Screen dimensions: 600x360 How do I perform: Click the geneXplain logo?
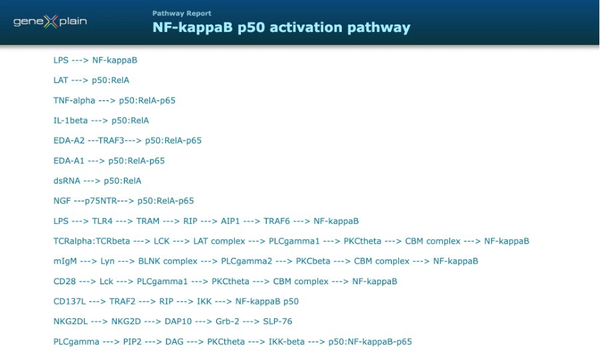pyautogui.click(x=50, y=21)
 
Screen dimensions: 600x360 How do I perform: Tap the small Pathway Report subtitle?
pyautogui.click(x=182, y=13)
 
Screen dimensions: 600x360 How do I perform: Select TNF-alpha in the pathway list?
pyautogui.click(x=74, y=100)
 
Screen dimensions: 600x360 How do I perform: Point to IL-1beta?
pyautogui.click(x=70, y=121)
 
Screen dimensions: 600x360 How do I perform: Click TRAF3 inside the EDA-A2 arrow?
pyautogui.click(x=112, y=141)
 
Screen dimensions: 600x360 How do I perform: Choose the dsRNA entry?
pyautogui.click(x=67, y=181)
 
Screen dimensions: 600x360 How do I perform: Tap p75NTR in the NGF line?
pyautogui.click(x=101, y=201)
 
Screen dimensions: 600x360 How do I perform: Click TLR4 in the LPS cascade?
pyautogui.click(x=102, y=221)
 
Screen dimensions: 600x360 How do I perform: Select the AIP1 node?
pyautogui.click(x=230, y=221)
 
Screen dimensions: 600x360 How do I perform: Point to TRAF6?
pyautogui.click(x=277, y=221)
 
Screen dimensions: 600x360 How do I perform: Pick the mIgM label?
pyautogui.click(x=65, y=261)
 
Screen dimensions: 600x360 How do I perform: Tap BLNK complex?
pyautogui.click(x=168, y=261)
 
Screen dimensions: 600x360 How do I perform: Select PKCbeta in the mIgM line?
pyautogui.click(x=313, y=261)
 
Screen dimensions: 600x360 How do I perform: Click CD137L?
pyautogui.click(x=70, y=302)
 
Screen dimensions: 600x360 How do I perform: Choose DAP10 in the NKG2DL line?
pyautogui.click(x=179, y=321)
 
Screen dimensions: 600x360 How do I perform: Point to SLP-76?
pyautogui.click(x=277, y=321)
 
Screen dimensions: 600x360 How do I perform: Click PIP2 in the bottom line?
pyautogui.click(x=132, y=341)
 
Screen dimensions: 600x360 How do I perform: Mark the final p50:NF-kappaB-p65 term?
pyautogui.click(x=370, y=341)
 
